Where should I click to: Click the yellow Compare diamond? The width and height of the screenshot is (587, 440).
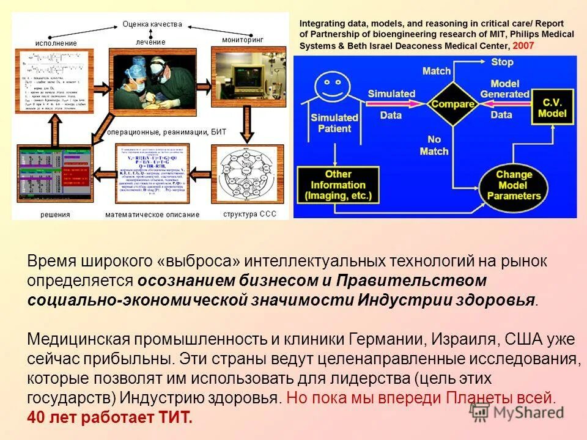coord(453,104)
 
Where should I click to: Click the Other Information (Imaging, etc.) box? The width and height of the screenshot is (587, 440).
coord(338,185)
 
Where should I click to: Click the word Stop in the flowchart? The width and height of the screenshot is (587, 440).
coord(502,62)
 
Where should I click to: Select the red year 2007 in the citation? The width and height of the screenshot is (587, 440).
coord(523,46)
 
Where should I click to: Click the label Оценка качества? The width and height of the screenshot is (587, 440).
coord(152,24)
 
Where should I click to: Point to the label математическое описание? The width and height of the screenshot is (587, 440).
coord(152,215)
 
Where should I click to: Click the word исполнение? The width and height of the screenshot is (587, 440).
coord(56,43)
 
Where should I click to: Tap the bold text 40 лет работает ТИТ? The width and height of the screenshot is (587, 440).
coord(110,418)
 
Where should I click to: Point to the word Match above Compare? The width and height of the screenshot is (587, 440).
coord(437,71)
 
